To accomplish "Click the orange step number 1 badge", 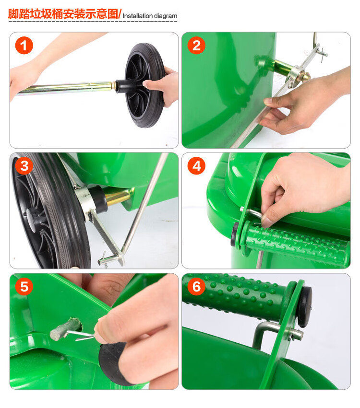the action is (x=24, y=46).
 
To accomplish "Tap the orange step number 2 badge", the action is (x=196, y=46).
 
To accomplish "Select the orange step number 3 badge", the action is (x=24, y=166).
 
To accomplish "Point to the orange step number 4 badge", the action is (x=196, y=166).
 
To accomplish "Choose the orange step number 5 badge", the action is (x=24, y=287).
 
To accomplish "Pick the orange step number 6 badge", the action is (x=196, y=287).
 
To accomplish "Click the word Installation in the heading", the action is (x=137, y=16).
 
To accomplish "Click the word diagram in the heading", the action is (x=166, y=16).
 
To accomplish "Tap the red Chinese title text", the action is (x=63, y=14).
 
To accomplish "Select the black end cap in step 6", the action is (x=305, y=306).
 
